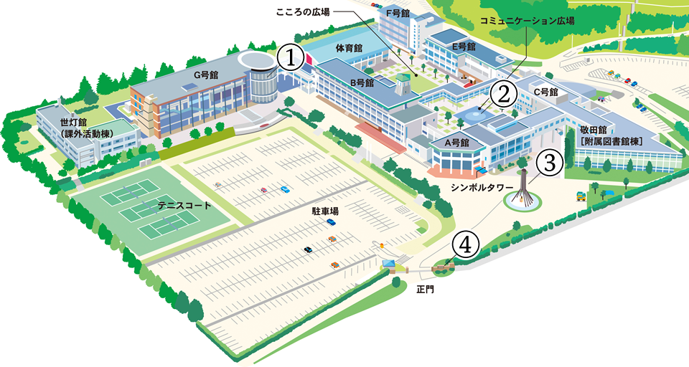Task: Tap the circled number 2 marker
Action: (504, 92)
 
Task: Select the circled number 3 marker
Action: (549, 163)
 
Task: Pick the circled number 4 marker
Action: (465, 244)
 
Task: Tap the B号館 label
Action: (362, 82)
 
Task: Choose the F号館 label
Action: (397, 13)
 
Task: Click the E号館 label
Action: (464, 46)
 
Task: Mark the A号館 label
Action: (456, 143)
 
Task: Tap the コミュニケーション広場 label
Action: (527, 21)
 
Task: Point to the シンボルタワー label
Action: (482, 187)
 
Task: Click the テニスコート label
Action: (184, 205)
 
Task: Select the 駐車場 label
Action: (325, 211)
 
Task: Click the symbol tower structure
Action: (525, 187)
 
